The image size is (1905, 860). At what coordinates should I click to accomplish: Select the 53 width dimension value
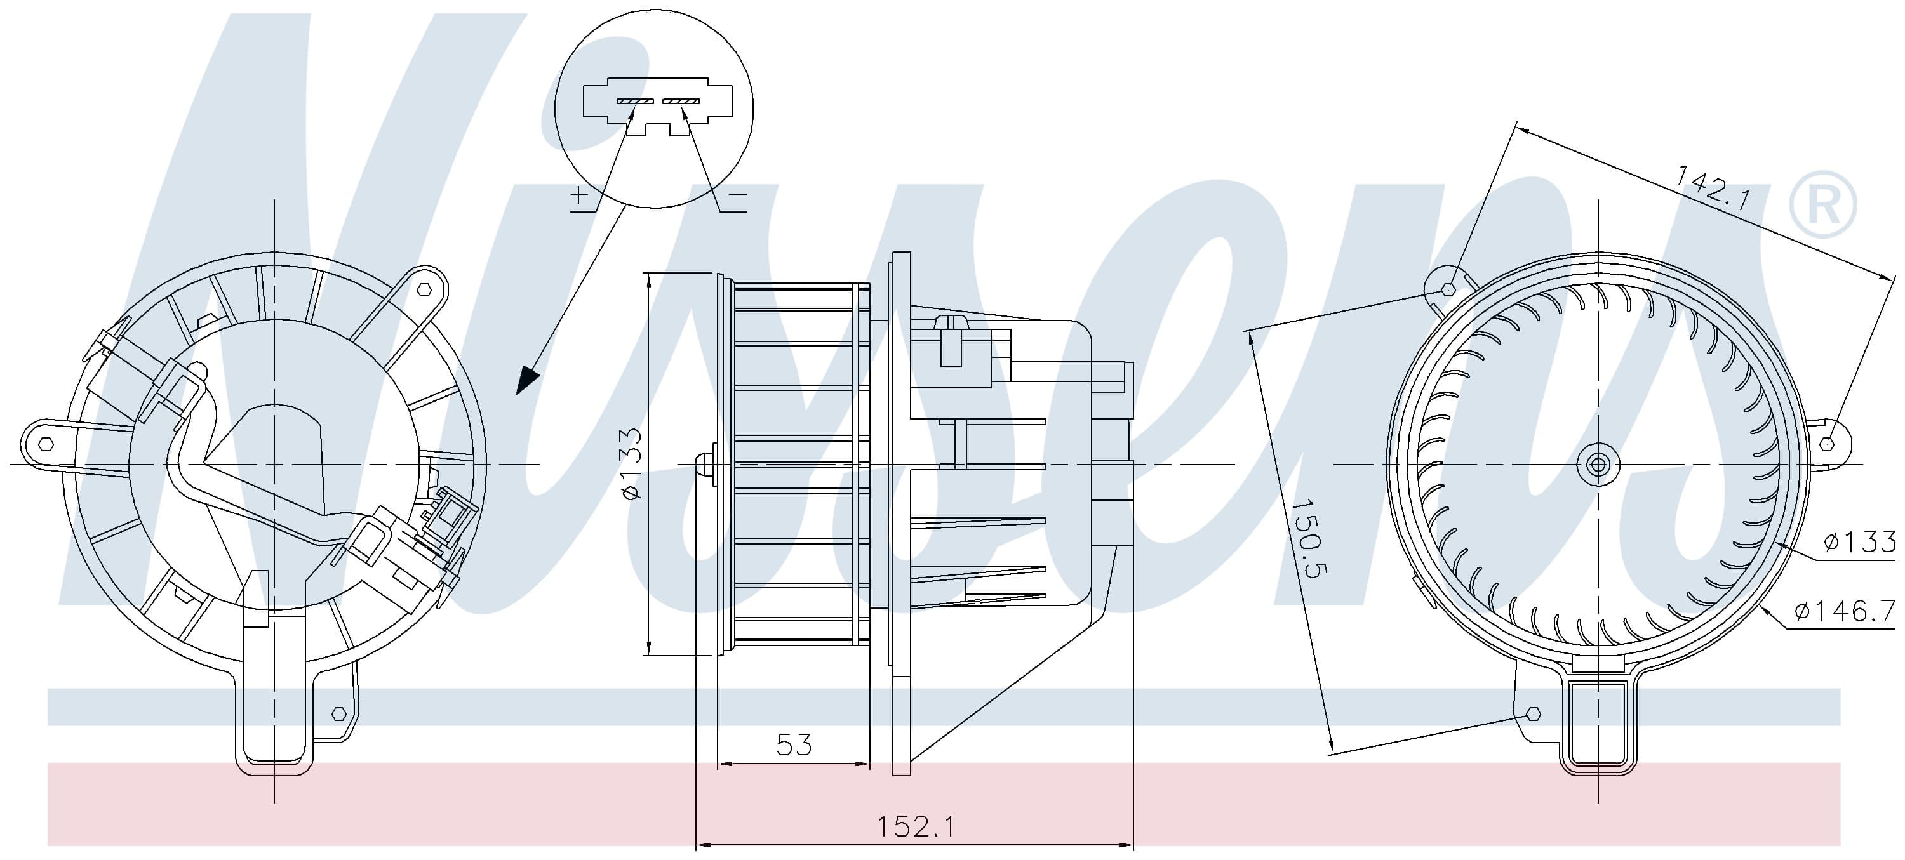point(794,744)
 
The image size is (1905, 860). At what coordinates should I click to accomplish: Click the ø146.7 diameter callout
point(1845,611)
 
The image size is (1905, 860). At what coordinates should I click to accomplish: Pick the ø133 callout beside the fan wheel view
point(1859,542)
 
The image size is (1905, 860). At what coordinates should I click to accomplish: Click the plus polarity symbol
point(580,195)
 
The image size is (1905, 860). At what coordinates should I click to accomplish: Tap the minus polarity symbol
point(738,195)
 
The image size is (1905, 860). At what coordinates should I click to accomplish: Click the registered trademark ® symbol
point(1822,205)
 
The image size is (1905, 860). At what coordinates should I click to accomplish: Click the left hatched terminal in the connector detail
point(635,100)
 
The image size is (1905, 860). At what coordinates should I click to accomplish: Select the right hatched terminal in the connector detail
point(681,100)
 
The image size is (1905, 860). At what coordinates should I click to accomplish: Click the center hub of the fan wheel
point(1598,465)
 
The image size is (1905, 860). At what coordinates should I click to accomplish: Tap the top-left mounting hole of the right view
point(1448,289)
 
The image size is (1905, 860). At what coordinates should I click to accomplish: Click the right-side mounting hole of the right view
point(1827,444)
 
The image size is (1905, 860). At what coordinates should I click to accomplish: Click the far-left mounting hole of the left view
point(46,444)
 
